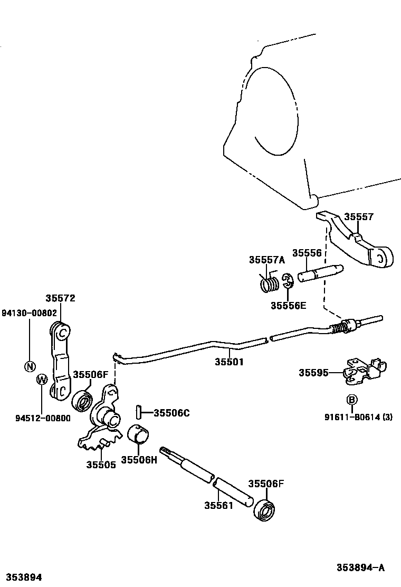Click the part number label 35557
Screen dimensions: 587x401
359,217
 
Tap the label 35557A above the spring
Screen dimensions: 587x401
266,260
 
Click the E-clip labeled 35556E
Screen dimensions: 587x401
288,281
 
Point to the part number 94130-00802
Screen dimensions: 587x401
28,313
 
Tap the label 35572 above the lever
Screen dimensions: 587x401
60,298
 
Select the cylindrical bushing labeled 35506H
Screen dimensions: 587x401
139,434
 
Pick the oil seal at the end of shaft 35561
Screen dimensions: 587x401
264,510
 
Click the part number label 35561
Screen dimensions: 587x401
218,505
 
